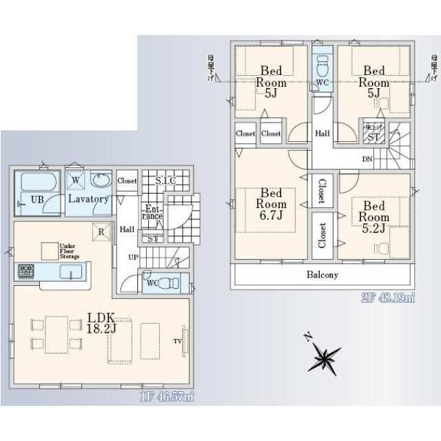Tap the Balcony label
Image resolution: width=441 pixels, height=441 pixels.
322,275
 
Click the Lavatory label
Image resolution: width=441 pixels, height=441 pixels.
88,199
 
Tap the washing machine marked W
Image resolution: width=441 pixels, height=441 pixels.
75,181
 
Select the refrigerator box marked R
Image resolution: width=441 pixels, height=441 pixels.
101,232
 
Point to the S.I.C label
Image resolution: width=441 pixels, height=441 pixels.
165,181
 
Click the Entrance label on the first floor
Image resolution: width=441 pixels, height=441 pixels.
152,212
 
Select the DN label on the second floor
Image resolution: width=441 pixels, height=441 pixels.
368,159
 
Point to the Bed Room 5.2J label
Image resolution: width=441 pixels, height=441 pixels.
375,216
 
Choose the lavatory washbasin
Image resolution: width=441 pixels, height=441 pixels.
101,181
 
